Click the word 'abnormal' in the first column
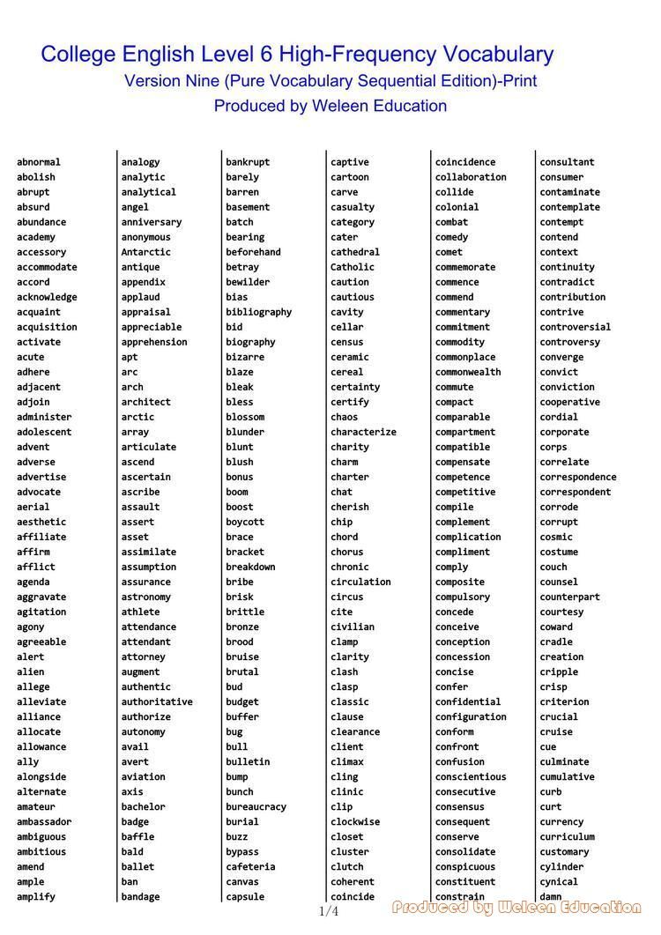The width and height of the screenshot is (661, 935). (x=39, y=162)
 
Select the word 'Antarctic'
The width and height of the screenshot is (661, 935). (x=146, y=252)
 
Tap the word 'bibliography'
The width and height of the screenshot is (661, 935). (x=258, y=312)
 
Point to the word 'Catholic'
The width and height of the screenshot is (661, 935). (x=353, y=267)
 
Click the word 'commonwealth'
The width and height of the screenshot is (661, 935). (x=468, y=372)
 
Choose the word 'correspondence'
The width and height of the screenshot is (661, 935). (x=578, y=477)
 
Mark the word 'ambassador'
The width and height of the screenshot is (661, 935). (x=44, y=821)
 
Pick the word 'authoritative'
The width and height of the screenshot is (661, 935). (x=157, y=701)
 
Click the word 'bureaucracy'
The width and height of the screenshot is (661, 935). (x=256, y=806)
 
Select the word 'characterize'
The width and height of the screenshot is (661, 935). (x=363, y=432)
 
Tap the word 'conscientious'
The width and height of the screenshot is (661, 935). (x=471, y=776)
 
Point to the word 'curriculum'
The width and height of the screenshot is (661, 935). (x=568, y=836)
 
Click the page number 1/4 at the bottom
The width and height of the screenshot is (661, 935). (x=328, y=911)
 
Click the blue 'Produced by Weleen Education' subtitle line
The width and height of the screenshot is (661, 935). (x=330, y=106)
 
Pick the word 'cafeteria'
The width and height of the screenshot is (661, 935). (x=250, y=866)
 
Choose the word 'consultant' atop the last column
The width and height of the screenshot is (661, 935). (x=567, y=162)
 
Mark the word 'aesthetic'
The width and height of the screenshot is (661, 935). (x=41, y=522)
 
